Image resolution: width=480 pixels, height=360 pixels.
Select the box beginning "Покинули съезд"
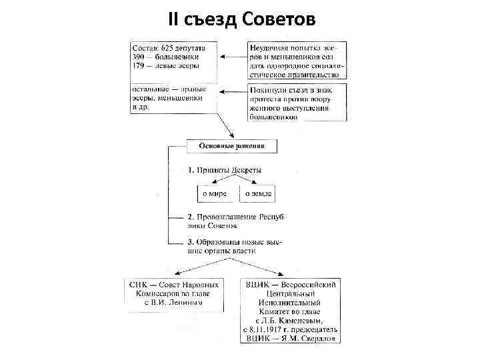(297, 102)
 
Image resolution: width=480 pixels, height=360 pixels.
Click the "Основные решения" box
(231, 146)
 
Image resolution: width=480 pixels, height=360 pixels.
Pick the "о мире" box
(215, 194)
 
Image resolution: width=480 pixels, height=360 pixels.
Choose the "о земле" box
(257, 194)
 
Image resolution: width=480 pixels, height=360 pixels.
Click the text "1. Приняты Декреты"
(225, 170)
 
